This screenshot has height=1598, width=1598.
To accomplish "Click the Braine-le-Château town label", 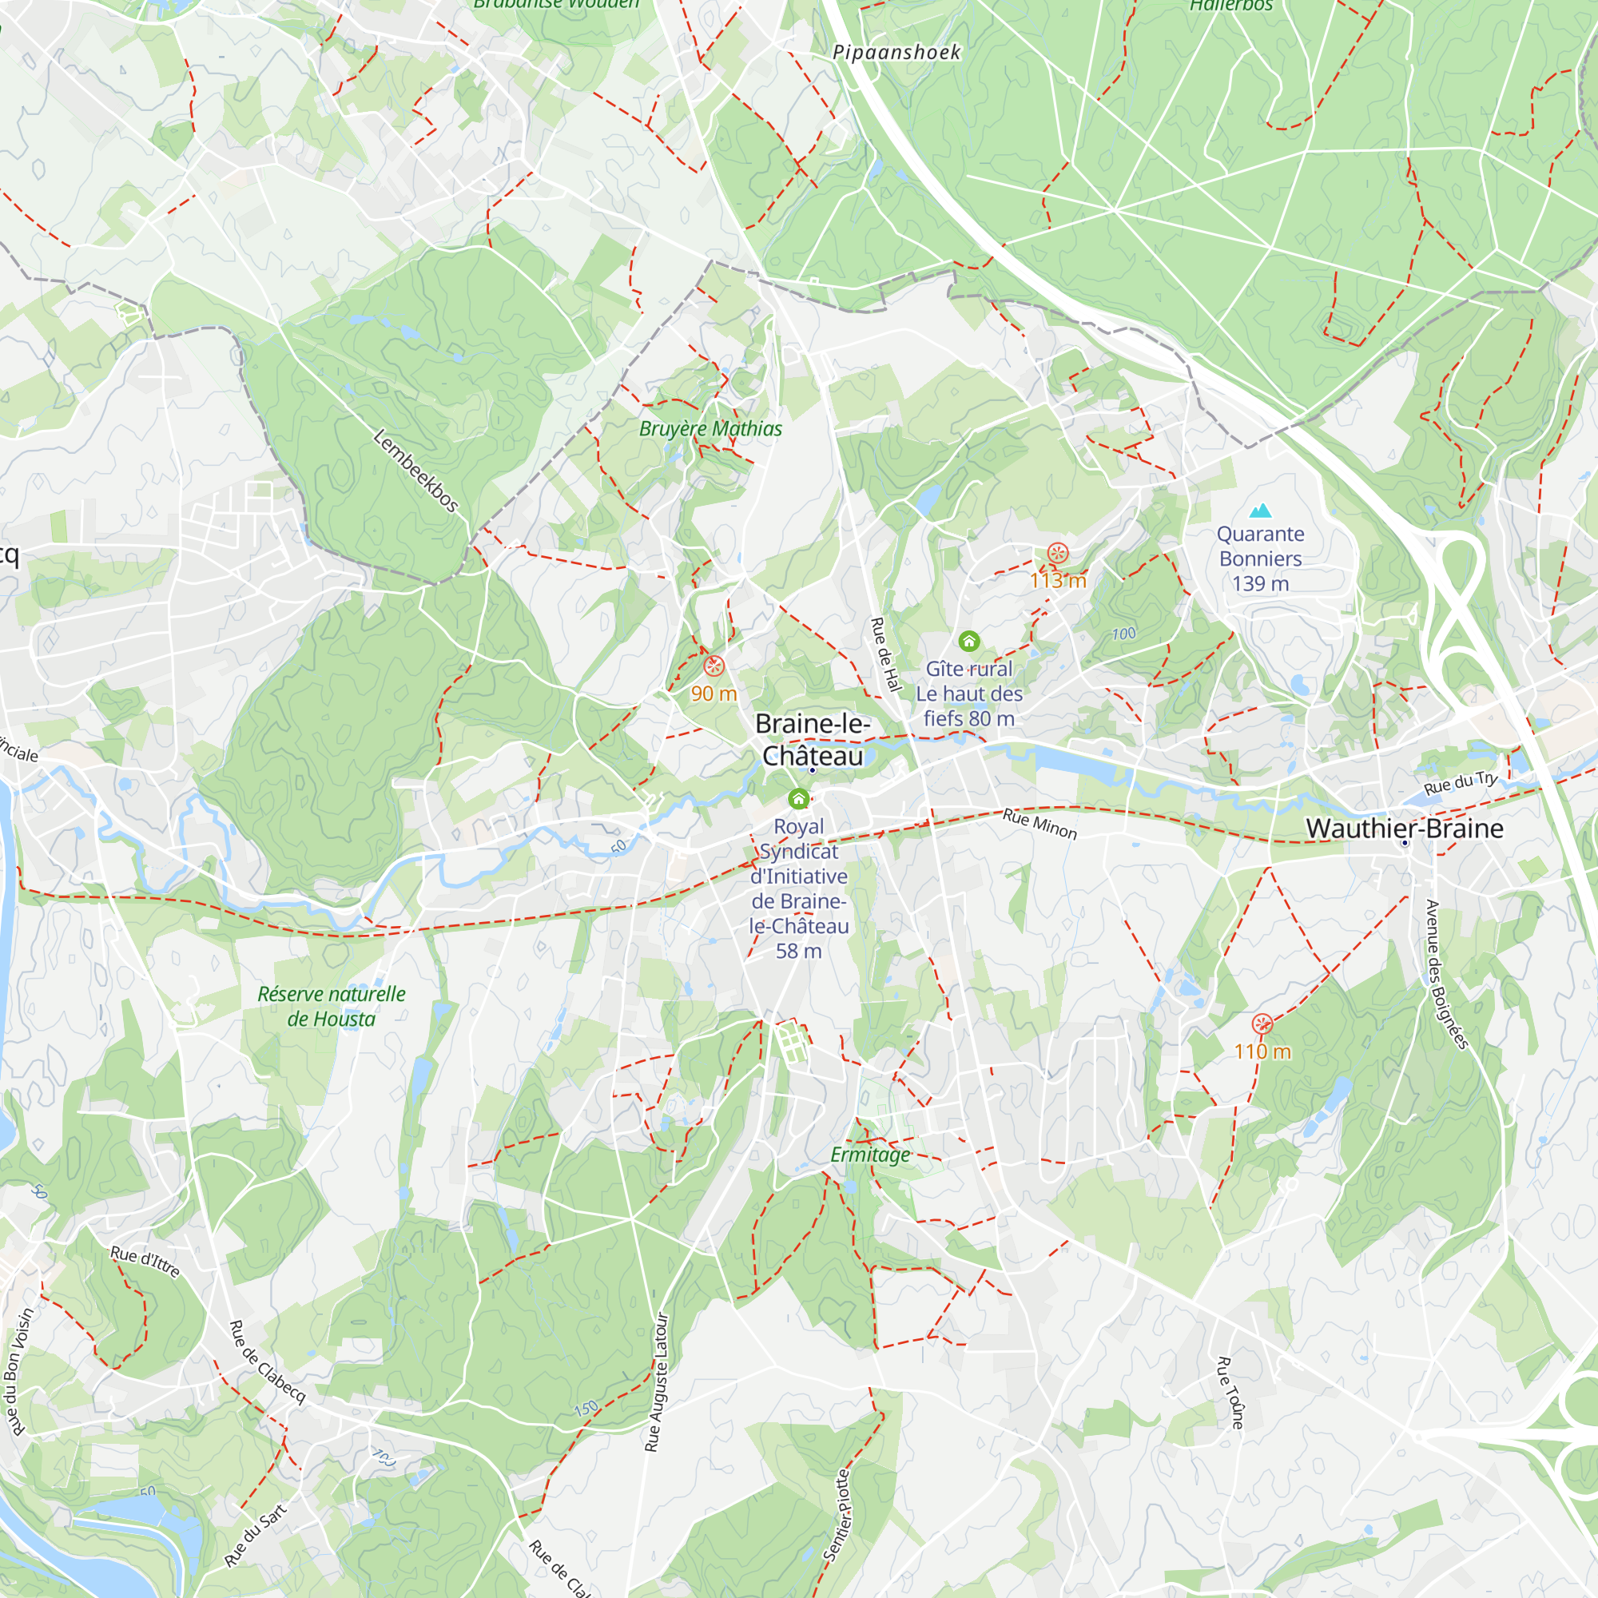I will (813, 739).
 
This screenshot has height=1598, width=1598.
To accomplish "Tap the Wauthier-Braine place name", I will (1405, 829).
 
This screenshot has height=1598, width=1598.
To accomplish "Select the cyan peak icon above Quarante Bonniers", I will (1260, 511).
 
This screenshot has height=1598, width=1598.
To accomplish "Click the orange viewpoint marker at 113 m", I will (1057, 554).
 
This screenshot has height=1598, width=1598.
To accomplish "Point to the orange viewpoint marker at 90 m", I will (714, 666).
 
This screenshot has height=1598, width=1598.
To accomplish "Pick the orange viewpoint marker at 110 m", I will (1262, 1025).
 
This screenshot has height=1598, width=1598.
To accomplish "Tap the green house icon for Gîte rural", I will (968, 641).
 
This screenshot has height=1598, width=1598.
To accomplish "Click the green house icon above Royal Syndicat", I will (798, 799).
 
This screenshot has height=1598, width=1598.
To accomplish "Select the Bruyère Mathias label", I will (710, 428).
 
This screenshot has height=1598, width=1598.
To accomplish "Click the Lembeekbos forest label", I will (415, 471).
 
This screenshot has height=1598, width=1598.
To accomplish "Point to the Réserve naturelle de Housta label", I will (331, 1007).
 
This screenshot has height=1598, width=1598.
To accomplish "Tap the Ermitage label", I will (870, 1155).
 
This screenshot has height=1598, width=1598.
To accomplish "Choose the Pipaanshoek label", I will (896, 53).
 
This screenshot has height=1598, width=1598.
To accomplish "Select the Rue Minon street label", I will (1039, 825).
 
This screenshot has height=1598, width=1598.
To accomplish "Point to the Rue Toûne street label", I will (1230, 1393).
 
